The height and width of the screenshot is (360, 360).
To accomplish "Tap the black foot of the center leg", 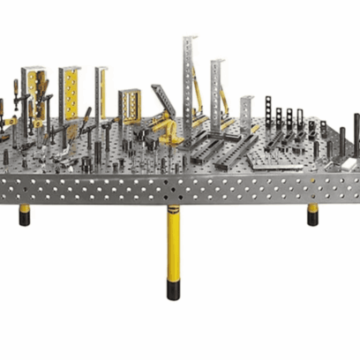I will click(x=174, y=289).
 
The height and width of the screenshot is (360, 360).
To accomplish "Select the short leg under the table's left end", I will click(x=25, y=214).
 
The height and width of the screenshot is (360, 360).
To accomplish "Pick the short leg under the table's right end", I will click(x=312, y=214).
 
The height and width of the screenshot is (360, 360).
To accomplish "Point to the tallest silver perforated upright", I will click(x=190, y=79).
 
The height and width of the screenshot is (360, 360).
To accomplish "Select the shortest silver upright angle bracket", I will click(x=246, y=110).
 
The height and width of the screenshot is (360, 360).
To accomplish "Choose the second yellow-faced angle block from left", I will click(x=70, y=92).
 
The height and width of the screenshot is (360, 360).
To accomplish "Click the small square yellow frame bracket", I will click(x=130, y=106).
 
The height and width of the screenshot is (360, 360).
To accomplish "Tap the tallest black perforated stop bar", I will click(x=268, y=112).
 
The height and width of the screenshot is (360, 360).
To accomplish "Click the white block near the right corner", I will click(x=355, y=132).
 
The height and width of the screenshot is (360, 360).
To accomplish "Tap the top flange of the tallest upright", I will click(x=190, y=38).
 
